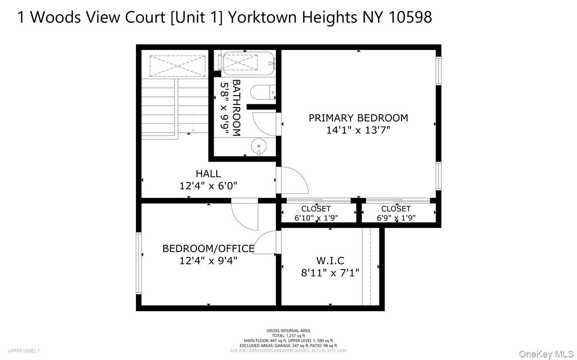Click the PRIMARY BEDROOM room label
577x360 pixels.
pos(358,118)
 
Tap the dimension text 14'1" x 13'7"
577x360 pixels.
pos(358,131)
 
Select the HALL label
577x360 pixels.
pos(208,174)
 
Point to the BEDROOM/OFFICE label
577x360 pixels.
pos(208,248)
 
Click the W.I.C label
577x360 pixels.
pos(330,261)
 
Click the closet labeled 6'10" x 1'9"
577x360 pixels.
pos(316,213)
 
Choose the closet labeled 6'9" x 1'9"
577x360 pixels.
pos(396,213)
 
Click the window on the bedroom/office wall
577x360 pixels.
pos(138,263)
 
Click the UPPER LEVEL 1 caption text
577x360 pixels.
pos(24,351)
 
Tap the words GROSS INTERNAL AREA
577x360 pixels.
pos(288,331)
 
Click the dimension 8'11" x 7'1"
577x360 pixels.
pos(330,273)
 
